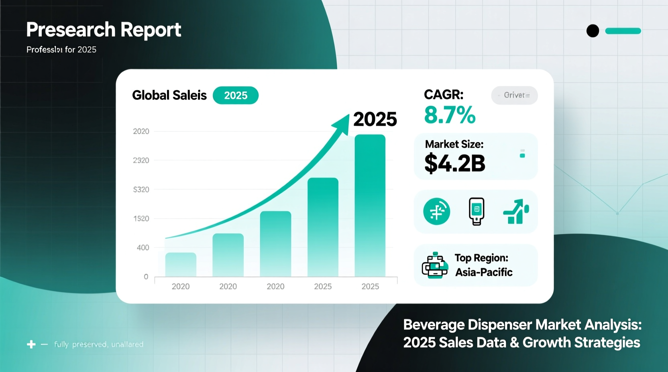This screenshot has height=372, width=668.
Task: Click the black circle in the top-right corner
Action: [x=593, y=31]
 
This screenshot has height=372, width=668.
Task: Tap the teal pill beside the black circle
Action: [x=623, y=31]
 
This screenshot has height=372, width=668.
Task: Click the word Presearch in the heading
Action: [x=71, y=30]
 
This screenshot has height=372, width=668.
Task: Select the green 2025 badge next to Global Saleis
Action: [x=236, y=95]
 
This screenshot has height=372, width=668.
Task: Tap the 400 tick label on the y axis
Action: [x=143, y=248]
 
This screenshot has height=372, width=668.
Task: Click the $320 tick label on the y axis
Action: [x=141, y=190]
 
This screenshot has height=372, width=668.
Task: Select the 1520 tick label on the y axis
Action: [x=141, y=219]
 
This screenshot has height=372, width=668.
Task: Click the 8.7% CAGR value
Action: [x=450, y=115]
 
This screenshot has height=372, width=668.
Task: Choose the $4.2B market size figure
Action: [x=455, y=163]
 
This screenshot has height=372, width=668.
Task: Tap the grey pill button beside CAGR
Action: [x=514, y=95]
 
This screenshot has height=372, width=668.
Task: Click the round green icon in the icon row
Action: [x=437, y=211]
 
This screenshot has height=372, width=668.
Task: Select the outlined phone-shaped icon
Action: [x=477, y=211]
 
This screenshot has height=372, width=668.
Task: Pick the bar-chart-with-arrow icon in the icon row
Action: [x=516, y=211]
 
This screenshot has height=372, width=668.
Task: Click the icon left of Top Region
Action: [x=435, y=265]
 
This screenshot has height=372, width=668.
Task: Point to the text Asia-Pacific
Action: [x=484, y=273]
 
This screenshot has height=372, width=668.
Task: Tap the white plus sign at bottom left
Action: [x=31, y=344]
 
